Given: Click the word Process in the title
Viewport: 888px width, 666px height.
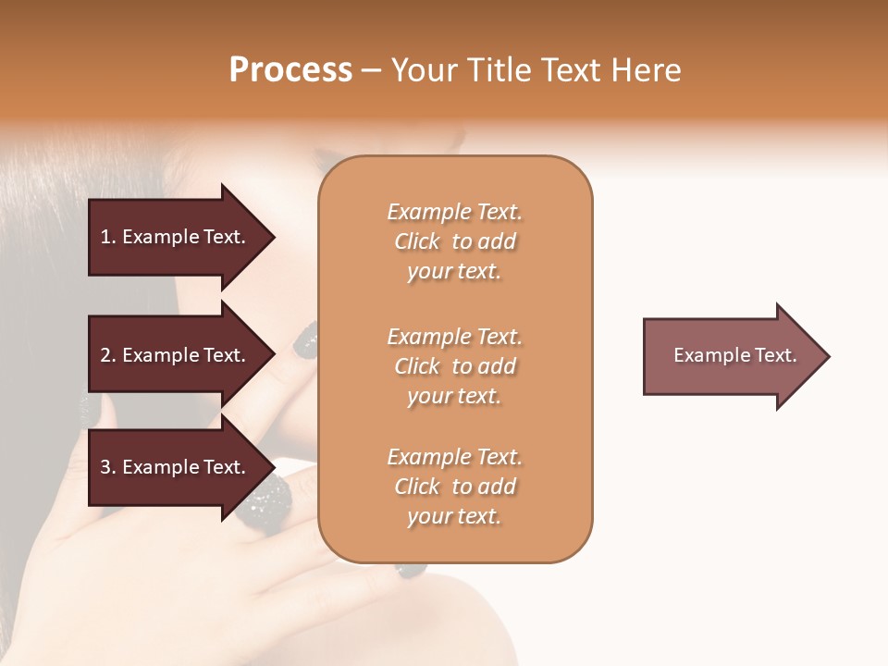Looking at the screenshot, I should [290, 70].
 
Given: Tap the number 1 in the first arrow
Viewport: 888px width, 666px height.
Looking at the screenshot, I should [105, 237].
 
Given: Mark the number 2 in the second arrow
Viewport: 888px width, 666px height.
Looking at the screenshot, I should [105, 355].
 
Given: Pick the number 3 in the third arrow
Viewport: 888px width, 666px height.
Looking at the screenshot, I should [105, 467].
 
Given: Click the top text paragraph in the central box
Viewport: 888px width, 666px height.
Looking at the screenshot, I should [454, 241].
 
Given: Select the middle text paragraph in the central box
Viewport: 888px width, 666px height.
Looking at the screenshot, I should [454, 366].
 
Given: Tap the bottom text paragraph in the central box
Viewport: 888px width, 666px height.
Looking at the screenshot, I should [454, 487].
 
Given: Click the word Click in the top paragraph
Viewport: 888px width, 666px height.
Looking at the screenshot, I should [417, 241].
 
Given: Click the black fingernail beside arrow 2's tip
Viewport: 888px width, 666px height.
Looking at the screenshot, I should [304, 342].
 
